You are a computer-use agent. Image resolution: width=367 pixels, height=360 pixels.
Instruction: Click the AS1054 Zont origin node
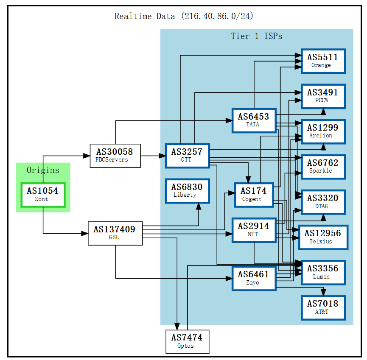pos(43,195)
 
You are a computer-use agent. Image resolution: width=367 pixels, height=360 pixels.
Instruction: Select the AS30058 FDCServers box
pos(115,156)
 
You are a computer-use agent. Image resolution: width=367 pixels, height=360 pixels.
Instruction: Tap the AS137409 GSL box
pos(115,233)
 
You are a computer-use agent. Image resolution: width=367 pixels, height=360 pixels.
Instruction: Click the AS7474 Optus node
pos(187,341)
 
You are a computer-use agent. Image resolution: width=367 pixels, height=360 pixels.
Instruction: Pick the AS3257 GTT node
pos(187,155)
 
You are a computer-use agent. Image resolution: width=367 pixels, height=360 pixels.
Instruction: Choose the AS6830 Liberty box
pos(187,191)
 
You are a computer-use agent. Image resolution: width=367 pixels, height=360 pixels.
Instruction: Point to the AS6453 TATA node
pos(253,120)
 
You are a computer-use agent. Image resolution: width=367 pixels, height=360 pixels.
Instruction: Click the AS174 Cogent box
pos(254,195)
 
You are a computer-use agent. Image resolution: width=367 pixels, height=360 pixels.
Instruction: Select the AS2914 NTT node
pos(253,230)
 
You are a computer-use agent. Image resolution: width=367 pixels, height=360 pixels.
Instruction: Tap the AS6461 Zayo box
pos(253,278)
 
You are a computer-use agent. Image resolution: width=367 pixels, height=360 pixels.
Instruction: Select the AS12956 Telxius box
pos(323,237)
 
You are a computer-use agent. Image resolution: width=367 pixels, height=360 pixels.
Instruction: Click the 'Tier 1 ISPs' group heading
pos(256,36)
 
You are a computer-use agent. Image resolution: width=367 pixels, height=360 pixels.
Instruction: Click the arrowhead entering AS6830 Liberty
pos(198,207)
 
